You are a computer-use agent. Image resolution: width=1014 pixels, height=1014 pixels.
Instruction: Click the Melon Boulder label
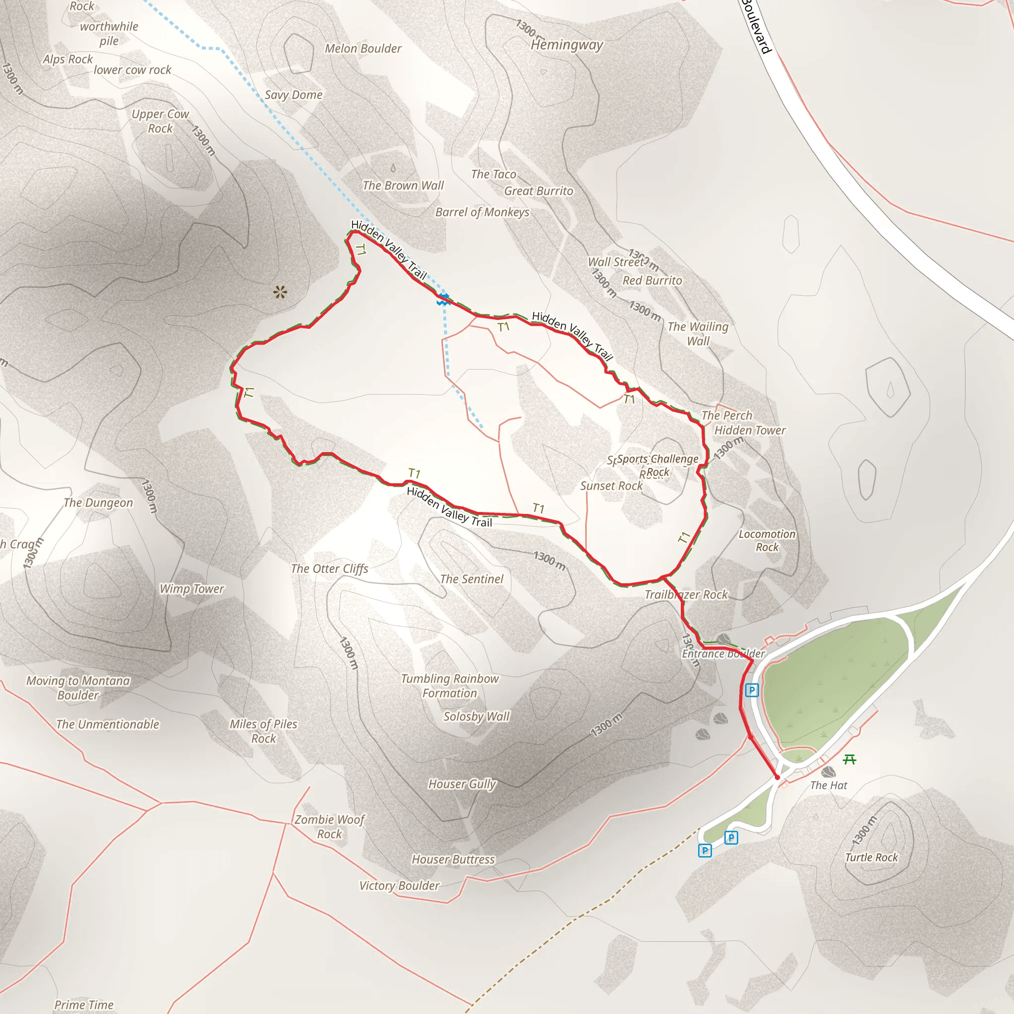[363, 49]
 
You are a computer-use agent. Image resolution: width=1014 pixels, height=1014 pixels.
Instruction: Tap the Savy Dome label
[294, 95]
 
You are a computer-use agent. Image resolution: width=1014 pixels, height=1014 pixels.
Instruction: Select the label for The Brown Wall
[403, 186]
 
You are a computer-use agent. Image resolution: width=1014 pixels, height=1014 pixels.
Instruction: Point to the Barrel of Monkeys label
[482, 212]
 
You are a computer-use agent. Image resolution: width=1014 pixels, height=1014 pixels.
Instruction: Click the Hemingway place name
[567, 45]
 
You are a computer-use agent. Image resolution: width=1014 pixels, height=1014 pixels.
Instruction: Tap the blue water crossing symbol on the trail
[444, 300]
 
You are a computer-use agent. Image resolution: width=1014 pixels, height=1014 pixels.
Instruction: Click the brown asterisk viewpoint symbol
[280, 292]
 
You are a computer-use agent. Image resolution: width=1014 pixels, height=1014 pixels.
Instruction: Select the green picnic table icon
[850, 760]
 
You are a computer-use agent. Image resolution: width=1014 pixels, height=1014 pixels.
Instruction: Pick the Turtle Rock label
[871, 858]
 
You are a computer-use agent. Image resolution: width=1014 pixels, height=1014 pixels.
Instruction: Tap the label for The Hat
[829, 786]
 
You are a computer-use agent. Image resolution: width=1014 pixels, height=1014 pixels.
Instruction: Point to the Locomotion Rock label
[767, 541]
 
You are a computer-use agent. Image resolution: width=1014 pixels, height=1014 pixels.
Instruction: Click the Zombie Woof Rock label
[329, 827]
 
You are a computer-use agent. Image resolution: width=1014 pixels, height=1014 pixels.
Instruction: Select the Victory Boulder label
[400, 886]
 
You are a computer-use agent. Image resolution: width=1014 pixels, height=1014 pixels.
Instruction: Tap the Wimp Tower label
[192, 589]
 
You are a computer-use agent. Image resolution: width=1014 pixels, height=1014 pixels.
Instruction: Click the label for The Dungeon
[98, 503]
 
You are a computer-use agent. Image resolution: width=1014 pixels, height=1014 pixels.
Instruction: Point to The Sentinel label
[471, 579]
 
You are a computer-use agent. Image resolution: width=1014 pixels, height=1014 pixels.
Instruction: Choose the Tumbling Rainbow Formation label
[450, 686]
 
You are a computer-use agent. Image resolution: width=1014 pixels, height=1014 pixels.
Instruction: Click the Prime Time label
[84, 1005]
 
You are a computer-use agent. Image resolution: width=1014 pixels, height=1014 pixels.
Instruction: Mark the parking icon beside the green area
[752, 690]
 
